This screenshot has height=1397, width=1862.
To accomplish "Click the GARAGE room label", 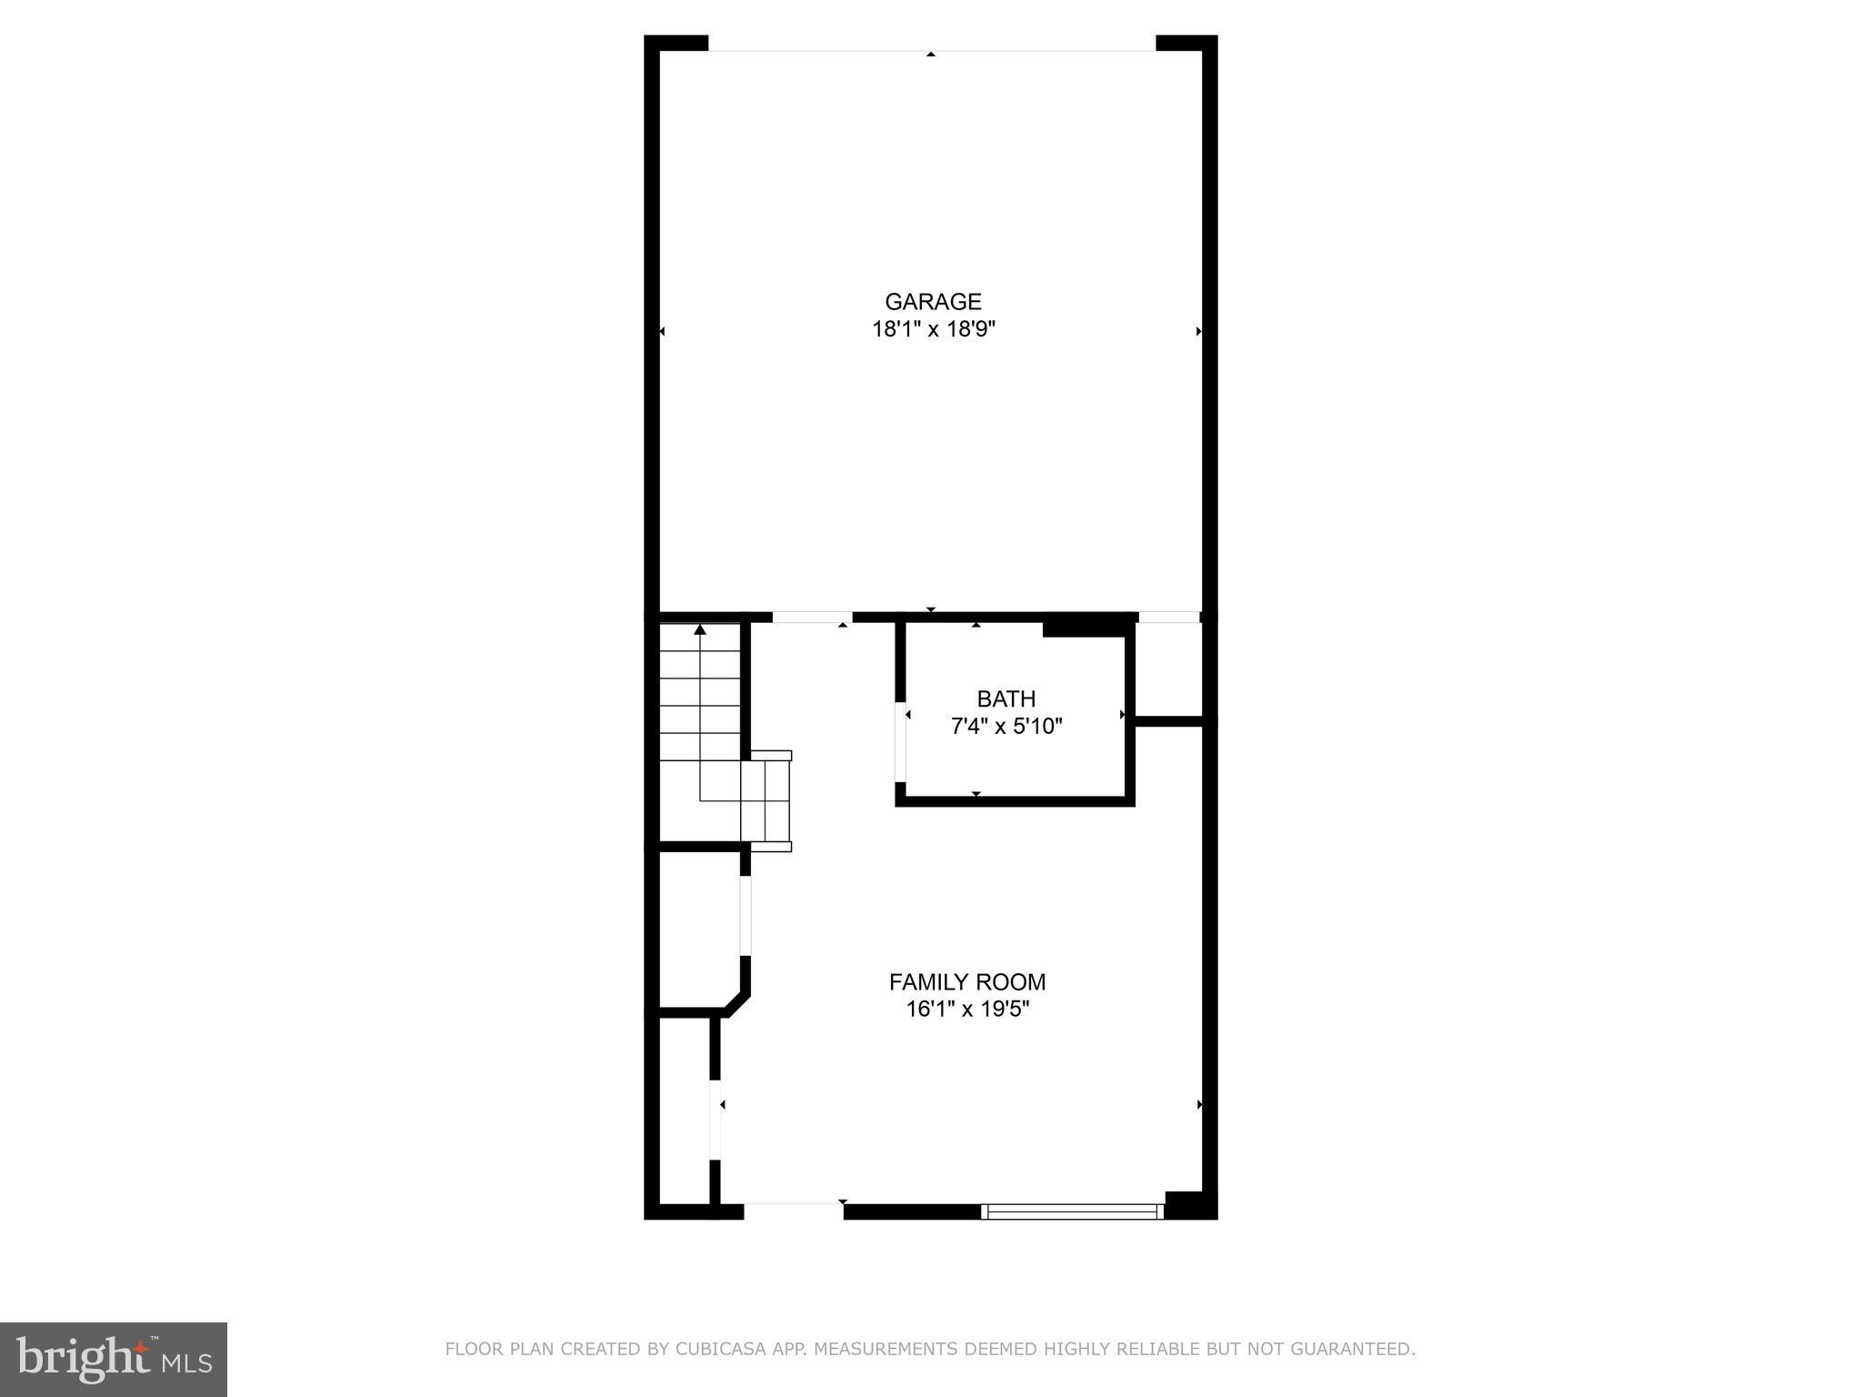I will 933,302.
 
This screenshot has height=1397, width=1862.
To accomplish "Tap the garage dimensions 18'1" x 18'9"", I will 934,329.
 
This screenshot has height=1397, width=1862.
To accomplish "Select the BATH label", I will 1006,698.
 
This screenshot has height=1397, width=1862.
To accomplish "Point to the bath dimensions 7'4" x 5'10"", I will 1006,726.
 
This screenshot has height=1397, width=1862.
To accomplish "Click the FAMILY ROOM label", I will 967,982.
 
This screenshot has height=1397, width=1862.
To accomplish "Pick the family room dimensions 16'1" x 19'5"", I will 967,1009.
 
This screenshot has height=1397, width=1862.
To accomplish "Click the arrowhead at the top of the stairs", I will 700,629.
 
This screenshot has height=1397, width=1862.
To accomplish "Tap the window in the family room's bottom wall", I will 1073,1211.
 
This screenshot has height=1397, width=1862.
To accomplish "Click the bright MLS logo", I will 114,1359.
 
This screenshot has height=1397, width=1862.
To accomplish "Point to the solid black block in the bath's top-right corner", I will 1086,628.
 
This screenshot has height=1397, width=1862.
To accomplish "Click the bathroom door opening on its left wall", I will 901,741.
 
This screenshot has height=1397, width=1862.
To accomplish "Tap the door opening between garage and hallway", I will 812,618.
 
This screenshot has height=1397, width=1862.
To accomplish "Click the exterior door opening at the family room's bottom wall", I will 793,1211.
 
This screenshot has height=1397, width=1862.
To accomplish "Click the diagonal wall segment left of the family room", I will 737,1002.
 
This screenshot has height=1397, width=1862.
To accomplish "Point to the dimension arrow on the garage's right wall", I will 1199,331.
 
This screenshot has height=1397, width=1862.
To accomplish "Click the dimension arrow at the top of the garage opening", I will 931,55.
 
